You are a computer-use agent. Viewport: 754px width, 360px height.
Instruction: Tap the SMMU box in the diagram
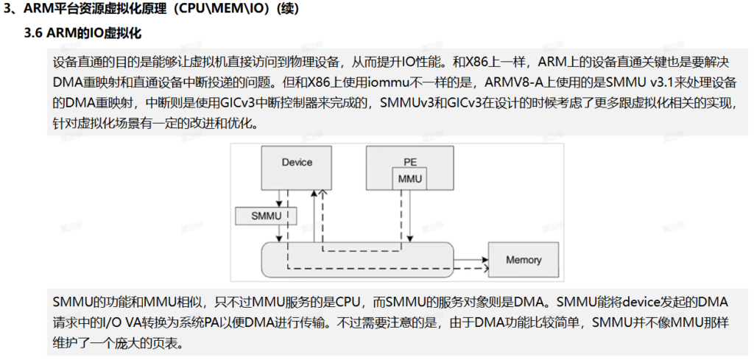[x=266, y=216]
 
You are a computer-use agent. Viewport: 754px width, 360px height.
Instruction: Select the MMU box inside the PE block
[x=409, y=178]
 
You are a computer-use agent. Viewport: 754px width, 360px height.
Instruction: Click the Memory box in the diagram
[x=524, y=260]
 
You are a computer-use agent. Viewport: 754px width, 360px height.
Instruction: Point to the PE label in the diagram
[x=409, y=162]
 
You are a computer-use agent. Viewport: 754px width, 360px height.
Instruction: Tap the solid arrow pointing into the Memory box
[x=471, y=259]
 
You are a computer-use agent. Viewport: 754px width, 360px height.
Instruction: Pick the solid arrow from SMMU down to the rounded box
[x=278, y=233]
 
